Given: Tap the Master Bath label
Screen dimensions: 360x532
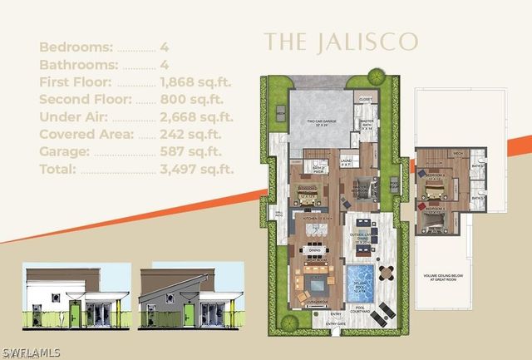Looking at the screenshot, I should tap(367, 125).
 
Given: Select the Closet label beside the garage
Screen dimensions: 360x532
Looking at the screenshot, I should tap(367, 98).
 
